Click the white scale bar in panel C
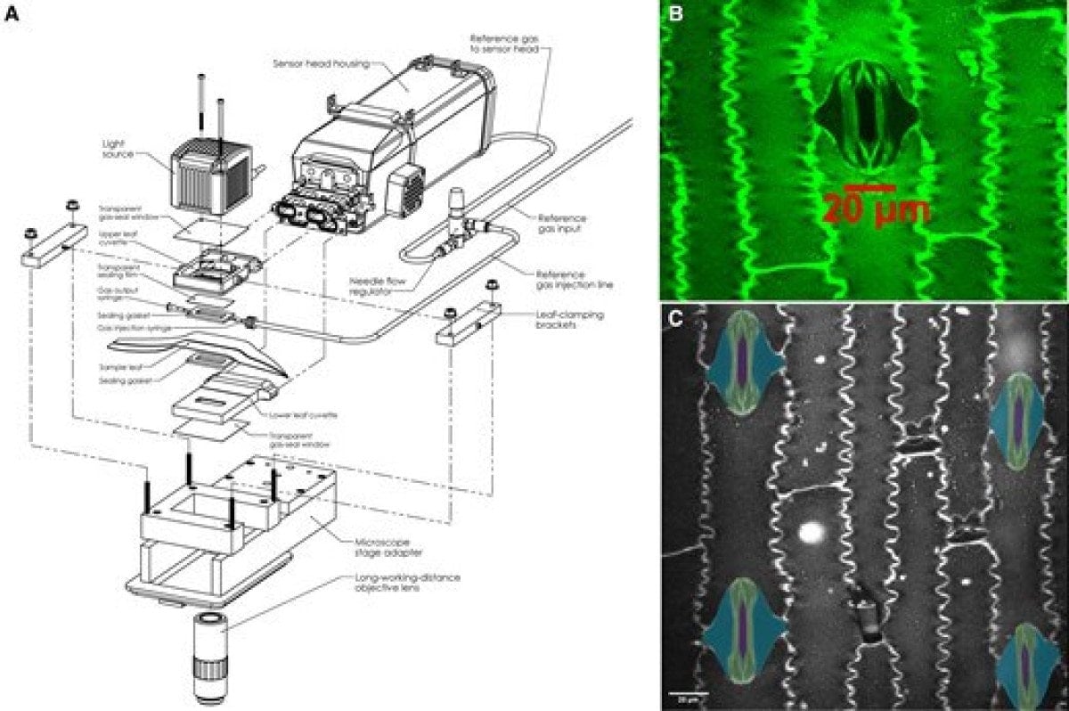coord(688,692)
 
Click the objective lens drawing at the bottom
coord(209,659)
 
